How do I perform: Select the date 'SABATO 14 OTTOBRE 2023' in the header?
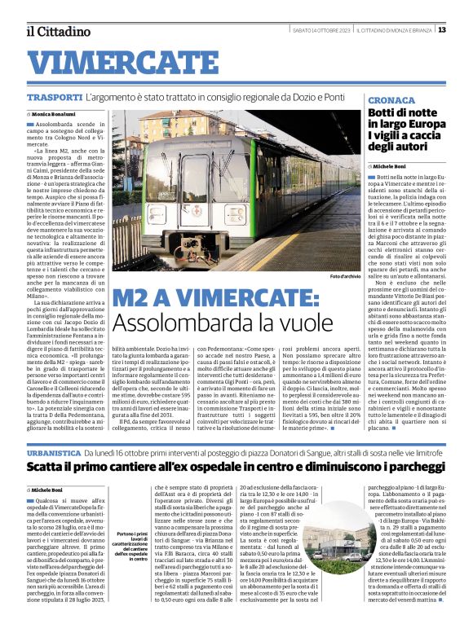[321, 30]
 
